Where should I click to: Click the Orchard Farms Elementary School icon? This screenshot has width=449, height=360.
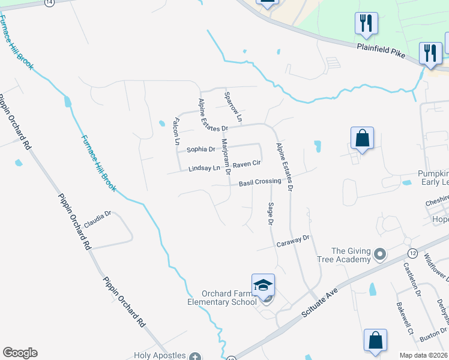tap(264, 285)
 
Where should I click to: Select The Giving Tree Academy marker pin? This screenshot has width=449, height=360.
tap(379, 255)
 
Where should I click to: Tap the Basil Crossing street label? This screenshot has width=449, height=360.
tap(260, 182)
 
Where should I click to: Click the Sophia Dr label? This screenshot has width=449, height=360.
tap(200, 149)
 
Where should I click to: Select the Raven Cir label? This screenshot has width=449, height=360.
tap(247, 163)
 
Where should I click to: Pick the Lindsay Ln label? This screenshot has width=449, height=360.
tap(205, 169)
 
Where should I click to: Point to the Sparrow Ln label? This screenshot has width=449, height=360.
tap(232, 107)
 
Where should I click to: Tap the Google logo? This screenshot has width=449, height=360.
tap(20, 353)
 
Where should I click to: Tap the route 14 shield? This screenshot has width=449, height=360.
tap(49, 2)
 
